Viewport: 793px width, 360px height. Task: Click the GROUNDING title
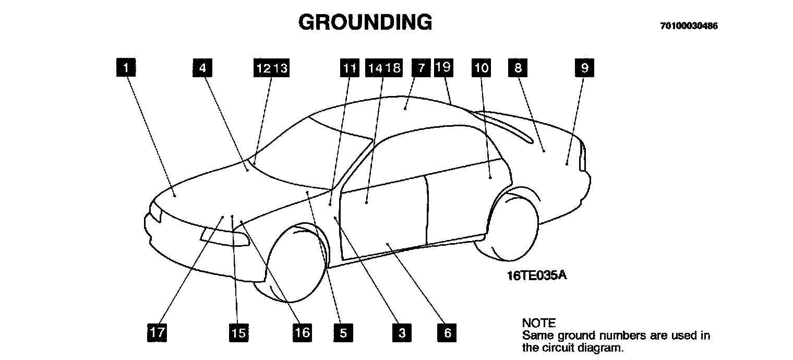[x=365, y=22]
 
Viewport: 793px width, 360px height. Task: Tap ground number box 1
[x=126, y=67]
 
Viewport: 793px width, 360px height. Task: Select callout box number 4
[x=202, y=67]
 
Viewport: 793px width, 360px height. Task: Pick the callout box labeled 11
[x=350, y=68]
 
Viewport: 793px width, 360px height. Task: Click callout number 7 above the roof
[x=420, y=67]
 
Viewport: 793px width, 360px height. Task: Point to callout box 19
[x=443, y=67]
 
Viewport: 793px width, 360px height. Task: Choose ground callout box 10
[x=482, y=67]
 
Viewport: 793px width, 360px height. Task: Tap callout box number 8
[x=518, y=67]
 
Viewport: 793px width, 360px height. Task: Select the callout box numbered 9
[x=584, y=67]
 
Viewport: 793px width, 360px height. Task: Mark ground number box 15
[x=238, y=332]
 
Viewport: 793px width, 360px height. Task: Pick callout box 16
[x=302, y=332]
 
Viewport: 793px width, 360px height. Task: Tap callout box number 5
[x=343, y=332]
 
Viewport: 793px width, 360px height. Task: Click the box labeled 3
[x=402, y=332]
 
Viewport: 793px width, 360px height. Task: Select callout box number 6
[x=448, y=332]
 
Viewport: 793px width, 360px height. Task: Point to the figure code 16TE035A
[x=536, y=275]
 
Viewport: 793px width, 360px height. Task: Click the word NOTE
[x=539, y=323]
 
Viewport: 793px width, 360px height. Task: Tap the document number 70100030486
[x=689, y=26]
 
